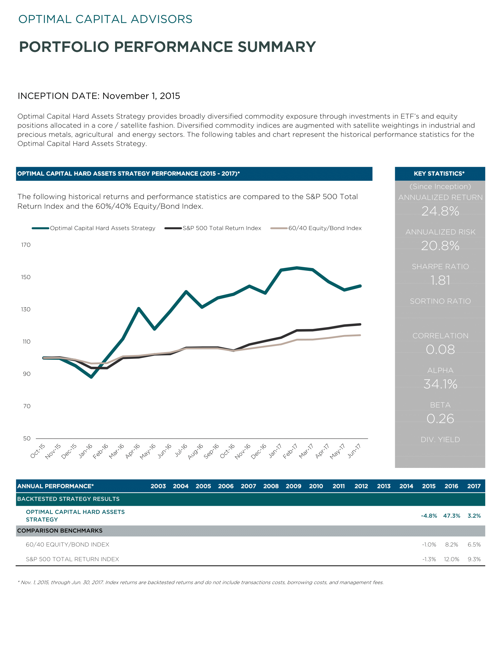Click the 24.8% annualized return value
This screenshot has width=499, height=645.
(x=440, y=211)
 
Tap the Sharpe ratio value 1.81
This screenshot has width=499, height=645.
(x=440, y=280)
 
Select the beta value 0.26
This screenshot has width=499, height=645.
(x=440, y=418)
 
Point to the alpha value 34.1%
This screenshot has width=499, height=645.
(x=440, y=384)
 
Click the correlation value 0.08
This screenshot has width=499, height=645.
(x=440, y=349)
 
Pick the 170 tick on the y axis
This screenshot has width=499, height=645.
(x=26, y=245)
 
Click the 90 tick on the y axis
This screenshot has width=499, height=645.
(x=27, y=374)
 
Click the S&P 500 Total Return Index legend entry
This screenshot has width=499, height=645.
(x=213, y=228)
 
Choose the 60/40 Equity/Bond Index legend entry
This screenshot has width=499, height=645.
(x=316, y=228)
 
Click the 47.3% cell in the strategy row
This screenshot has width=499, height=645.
(x=451, y=516)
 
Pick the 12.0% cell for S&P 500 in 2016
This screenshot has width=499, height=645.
(x=451, y=559)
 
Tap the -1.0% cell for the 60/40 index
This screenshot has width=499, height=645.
(x=429, y=544)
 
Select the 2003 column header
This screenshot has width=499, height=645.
(x=158, y=486)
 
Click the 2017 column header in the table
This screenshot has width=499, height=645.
(x=474, y=486)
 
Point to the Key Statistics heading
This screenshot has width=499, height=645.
(x=439, y=174)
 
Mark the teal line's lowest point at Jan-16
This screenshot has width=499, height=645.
(x=91, y=377)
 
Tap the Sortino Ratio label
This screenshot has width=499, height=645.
(x=440, y=301)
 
